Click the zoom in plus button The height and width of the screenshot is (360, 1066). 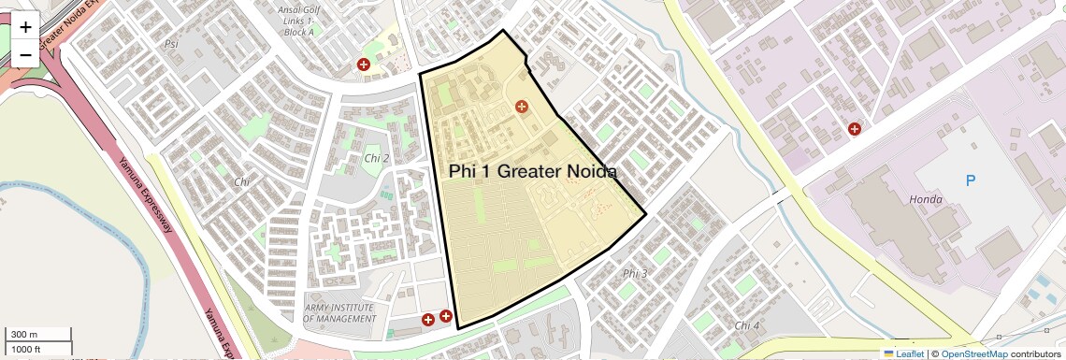pos(25,26)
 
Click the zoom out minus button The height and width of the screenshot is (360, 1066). pos(25,54)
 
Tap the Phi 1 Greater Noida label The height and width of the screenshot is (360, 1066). pos(532,171)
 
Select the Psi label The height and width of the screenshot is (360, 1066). pos(171,44)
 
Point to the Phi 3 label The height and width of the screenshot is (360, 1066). pos(634,273)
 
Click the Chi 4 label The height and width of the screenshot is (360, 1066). pos(747,325)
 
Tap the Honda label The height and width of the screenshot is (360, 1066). pos(925,199)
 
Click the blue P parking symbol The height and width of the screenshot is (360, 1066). pos(970,180)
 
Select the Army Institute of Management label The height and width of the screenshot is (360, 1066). pos(339,313)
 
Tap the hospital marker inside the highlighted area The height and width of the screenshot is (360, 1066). pos(522,107)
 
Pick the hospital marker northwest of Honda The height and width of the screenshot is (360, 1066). pos(854,129)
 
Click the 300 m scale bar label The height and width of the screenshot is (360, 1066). pos(24,334)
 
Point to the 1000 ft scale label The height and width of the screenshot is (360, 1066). pos(25,349)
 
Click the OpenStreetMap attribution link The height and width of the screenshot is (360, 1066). pos(974,353)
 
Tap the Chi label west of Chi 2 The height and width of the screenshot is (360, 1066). pos(242,181)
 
